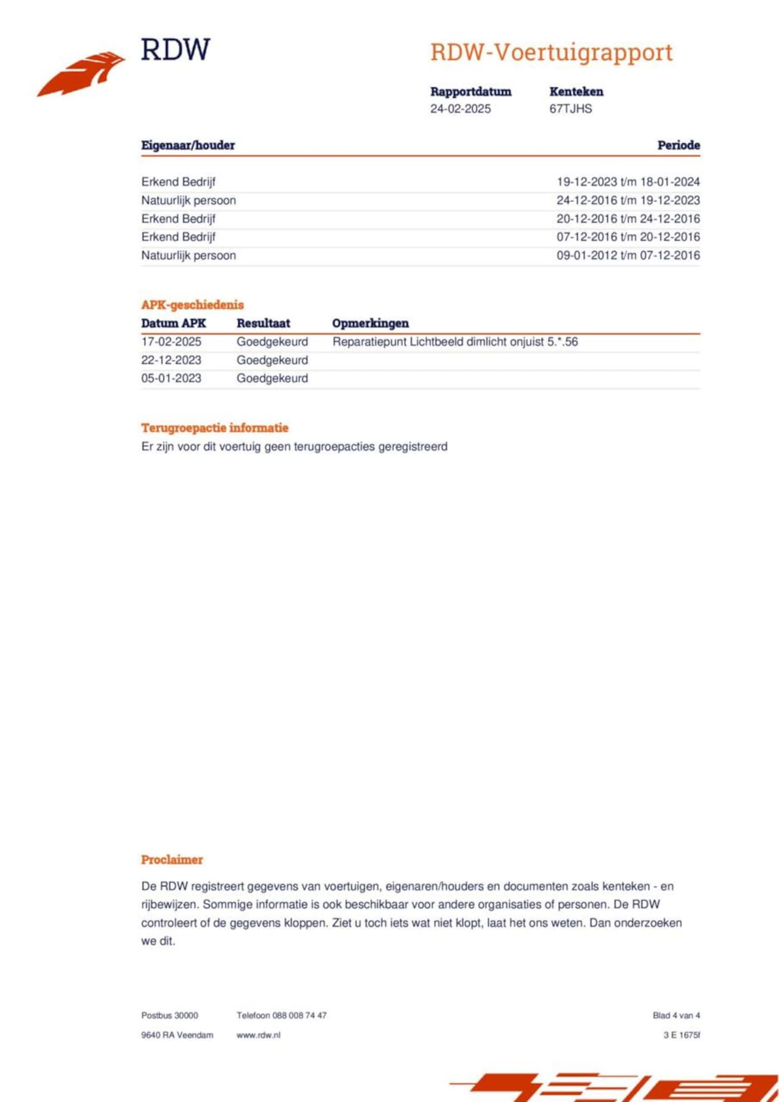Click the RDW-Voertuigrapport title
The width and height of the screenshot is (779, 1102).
[x=551, y=52]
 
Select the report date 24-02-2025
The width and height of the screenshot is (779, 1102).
[x=460, y=109]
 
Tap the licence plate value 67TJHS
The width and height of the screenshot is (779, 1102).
[x=570, y=109]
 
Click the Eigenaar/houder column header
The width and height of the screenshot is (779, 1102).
[x=188, y=145]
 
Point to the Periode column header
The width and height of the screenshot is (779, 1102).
[x=678, y=145]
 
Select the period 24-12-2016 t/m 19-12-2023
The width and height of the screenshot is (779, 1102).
[x=628, y=200]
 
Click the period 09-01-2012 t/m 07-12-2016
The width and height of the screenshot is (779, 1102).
[x=628, y=255]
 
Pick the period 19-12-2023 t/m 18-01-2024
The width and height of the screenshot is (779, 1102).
[x=628, y=182]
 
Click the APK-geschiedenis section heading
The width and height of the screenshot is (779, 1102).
[x=192, y=305]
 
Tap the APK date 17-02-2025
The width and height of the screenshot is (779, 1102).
[x=171, y=342]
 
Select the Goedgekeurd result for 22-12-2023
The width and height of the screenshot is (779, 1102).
[x=272, y=360]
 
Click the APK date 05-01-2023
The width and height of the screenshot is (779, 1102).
[x=171, y=378]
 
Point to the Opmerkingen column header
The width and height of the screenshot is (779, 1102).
[x=370, y=323]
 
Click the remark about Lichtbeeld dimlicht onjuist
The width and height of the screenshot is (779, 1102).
[x=455, y=342]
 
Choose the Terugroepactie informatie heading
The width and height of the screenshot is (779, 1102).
[x=215, y=428]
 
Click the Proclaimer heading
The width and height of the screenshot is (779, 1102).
[x=172, y=859]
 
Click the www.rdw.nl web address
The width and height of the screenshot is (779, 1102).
[x=259, y=1034]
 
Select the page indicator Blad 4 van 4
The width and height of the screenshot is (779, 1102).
[x=676, y=1015]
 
